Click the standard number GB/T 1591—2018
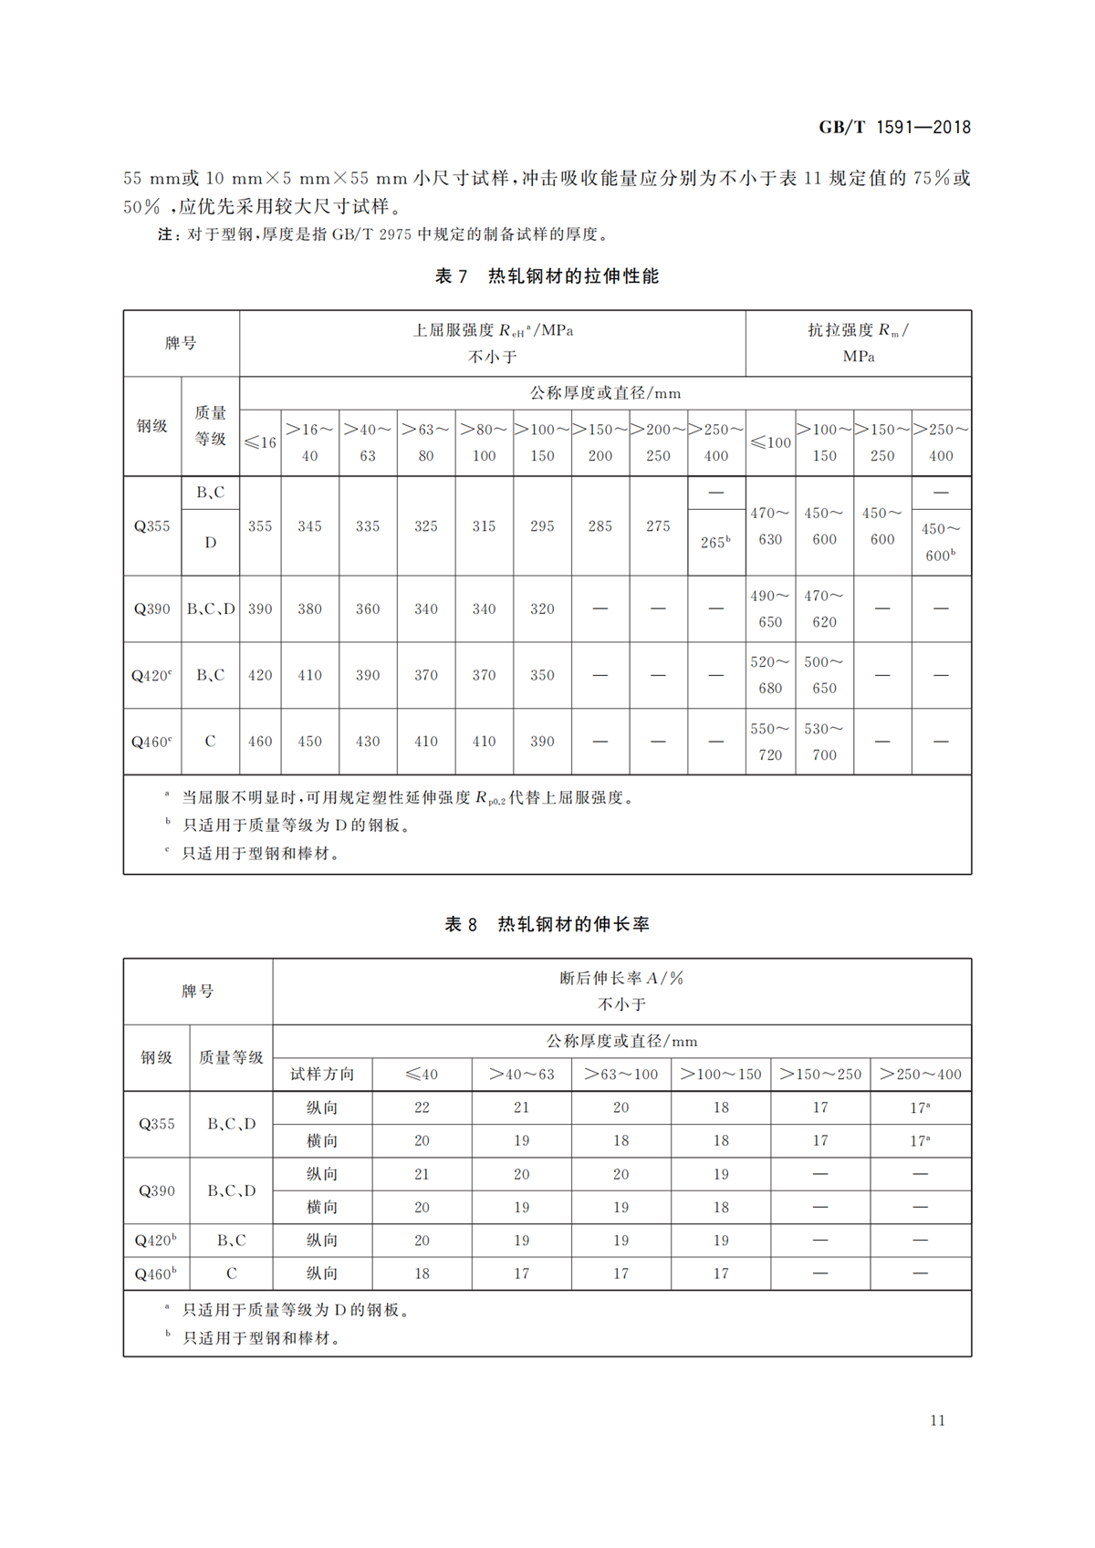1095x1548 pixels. click(894, 128)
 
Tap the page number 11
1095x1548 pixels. click(937, 1420)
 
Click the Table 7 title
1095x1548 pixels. click(547, 276)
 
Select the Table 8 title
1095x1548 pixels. click(547, 924)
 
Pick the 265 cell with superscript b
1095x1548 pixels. click(715, 542)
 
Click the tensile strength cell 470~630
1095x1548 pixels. click(770, 526)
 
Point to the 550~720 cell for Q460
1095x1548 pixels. click(770, 742)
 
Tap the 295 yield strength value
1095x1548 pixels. click(542, 526)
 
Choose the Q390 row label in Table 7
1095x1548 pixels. click(152, 608)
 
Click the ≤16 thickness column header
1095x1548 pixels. click(260, 442)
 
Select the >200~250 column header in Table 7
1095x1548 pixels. click(658, 442)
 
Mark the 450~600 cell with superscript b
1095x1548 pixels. click(940, 542)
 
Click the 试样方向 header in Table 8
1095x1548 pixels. click(322, 1075)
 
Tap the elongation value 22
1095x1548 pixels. click(422, 1107)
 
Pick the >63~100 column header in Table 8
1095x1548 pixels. click(620, 1075)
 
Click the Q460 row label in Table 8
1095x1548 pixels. click(156, 1273)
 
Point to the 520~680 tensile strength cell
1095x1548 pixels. click(770, 675)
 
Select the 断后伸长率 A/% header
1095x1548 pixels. click(621, 978)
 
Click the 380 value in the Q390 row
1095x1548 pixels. click(309, 608)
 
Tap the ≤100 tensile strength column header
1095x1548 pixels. click(770, 442)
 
